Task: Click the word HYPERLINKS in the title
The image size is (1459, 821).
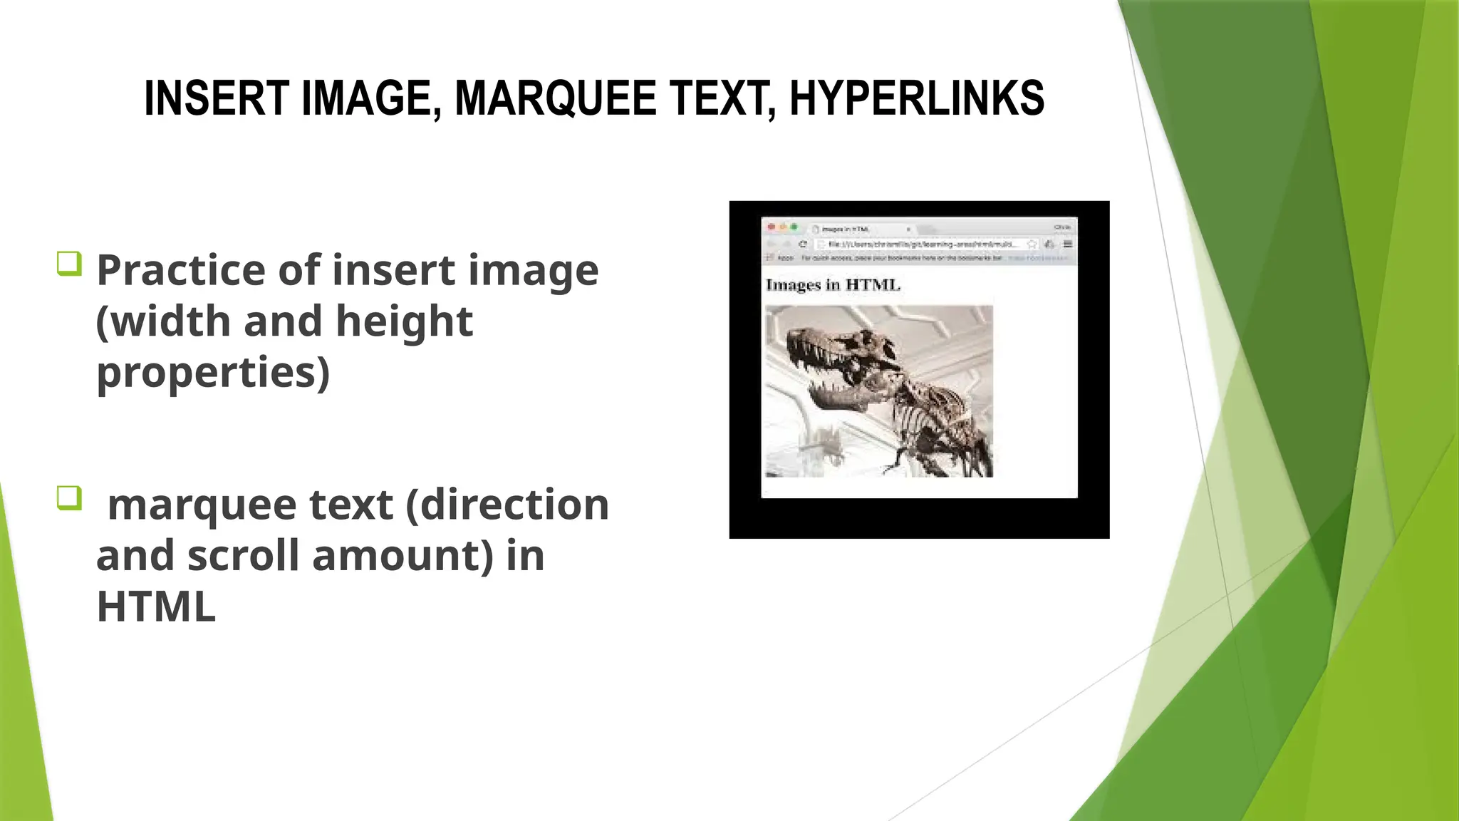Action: [x=917, y=98]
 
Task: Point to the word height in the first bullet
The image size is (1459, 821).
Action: [x=404, y=321]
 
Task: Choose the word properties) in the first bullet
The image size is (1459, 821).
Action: [x=213, y=373]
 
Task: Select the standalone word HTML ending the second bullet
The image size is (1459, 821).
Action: [x=156, y=607]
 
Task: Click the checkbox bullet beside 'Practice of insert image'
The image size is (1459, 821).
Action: [x=69, y=264]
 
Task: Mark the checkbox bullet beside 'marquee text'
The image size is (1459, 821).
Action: [x=69, y=497]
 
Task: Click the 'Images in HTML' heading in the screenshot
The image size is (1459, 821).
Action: [x=833, y=285]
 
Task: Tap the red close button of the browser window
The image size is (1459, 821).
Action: [x=771, y=227]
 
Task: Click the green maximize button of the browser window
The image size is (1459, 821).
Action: [x=794, y=227]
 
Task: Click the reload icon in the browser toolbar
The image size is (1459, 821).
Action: [x=803, y=244]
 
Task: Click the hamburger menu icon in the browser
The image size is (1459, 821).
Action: [x=1067, y=244]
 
